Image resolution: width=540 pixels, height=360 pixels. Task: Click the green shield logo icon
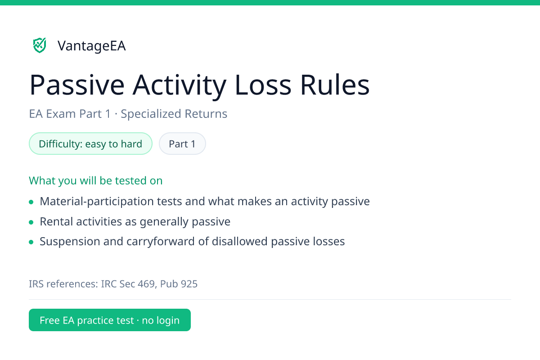[40, 45]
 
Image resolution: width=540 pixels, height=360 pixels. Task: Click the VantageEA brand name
[92, 45]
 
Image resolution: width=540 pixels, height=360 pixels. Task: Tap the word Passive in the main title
[77, 85]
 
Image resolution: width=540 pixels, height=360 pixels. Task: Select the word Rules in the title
[335, 85]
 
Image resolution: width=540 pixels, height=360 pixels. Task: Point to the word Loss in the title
[263, 85]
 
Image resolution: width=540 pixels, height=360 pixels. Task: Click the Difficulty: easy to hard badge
[90, 144]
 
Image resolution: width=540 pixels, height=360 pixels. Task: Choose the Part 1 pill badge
[182, 144]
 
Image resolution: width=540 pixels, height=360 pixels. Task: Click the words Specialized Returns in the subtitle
[174, 114]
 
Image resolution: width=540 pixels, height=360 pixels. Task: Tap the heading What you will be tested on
[96, 180]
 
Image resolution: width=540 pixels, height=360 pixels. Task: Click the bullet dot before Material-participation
[31, 202]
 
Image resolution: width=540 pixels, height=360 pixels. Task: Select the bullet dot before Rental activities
[31, 222]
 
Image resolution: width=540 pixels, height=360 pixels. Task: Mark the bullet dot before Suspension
[31, 242]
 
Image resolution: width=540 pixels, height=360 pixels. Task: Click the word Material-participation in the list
[97, 201]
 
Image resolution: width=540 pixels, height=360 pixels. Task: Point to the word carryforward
[161, 242]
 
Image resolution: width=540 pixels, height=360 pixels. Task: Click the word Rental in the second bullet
[56, 221]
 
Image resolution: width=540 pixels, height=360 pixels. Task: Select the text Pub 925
[179, 284]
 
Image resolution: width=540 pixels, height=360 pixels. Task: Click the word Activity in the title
[180, 85]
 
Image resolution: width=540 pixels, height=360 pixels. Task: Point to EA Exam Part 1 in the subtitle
[70, 114]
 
